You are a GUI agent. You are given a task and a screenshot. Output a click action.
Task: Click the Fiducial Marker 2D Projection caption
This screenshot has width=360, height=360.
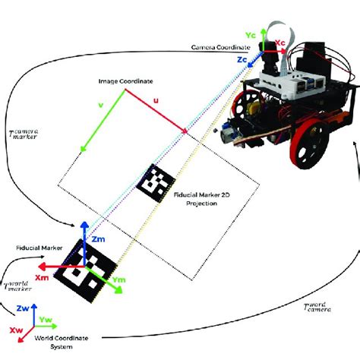click(204, 200)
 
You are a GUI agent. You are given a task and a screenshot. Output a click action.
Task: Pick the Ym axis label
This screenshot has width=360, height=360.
click(118, 280)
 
